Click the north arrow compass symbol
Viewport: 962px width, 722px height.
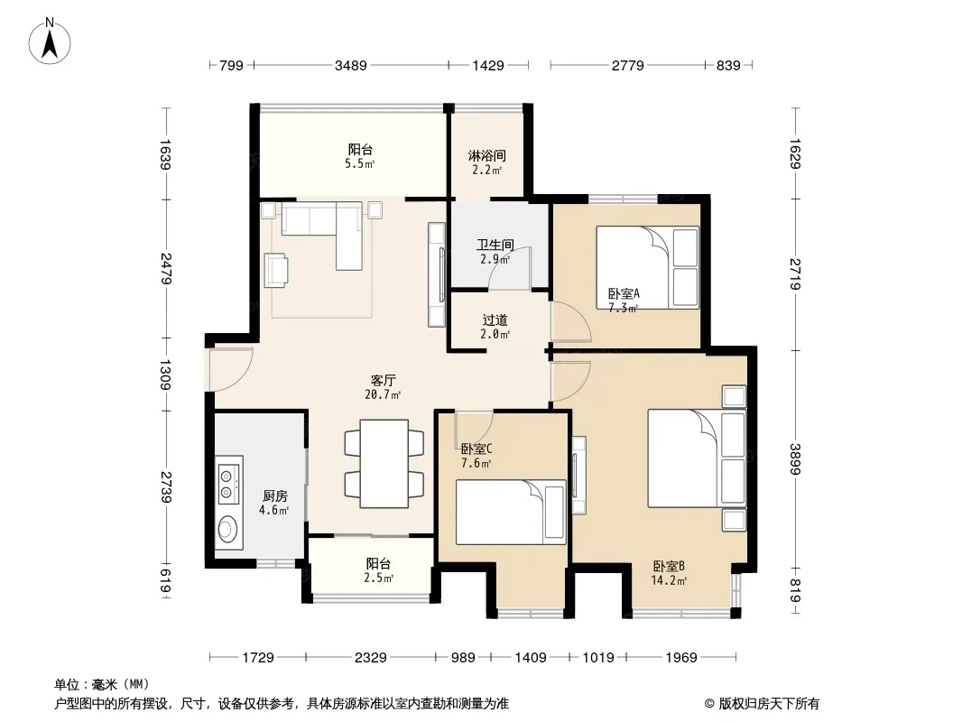click(50, 41)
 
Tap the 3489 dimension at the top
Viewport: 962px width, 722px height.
click(351, 66)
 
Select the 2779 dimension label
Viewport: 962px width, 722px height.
click(627, 66)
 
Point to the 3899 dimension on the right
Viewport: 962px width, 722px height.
click(795, 458)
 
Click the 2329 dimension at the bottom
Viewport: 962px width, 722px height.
click(371, 658)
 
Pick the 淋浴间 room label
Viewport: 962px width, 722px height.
click(487, 156)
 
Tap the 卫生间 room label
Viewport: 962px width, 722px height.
click(495, 245)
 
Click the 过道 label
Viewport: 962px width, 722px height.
click(495, 320)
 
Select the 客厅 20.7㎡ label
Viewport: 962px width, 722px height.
click(383, 388)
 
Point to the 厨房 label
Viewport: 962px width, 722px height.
click(275, 495)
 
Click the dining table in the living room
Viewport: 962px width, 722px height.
click(384, 464)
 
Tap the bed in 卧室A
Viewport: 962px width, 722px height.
click(647, 267)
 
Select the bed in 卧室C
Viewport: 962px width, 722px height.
click(511, 513)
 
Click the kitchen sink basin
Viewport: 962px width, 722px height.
click(228, 530)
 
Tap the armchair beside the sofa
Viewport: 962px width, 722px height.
click(277, 270)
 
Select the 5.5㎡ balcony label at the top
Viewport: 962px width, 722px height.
click(360, 156)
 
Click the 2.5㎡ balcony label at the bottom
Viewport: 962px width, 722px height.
click(378, 570)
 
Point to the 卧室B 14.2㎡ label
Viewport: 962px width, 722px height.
click(669, 574)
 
